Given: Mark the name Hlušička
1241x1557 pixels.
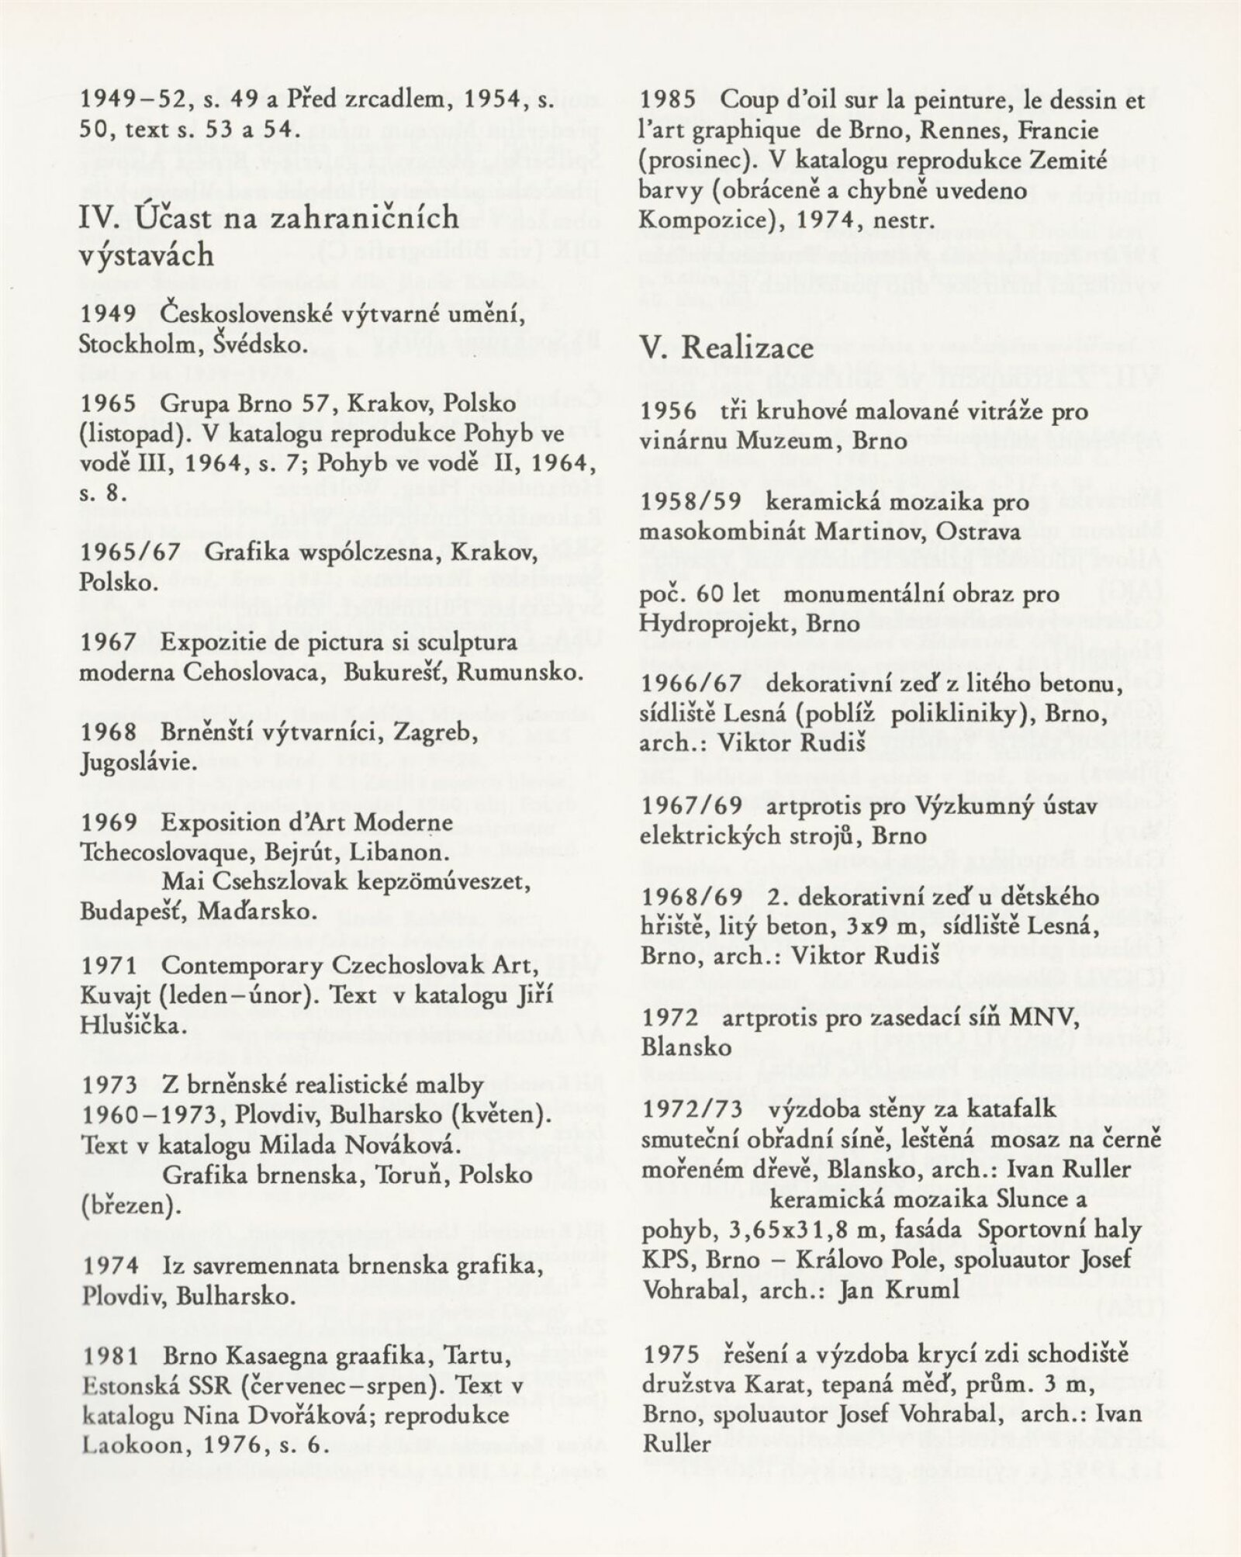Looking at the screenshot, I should point(131,1026).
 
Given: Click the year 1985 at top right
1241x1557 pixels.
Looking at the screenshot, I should point(671,101).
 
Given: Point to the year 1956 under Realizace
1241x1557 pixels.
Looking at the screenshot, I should point(671,411).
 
